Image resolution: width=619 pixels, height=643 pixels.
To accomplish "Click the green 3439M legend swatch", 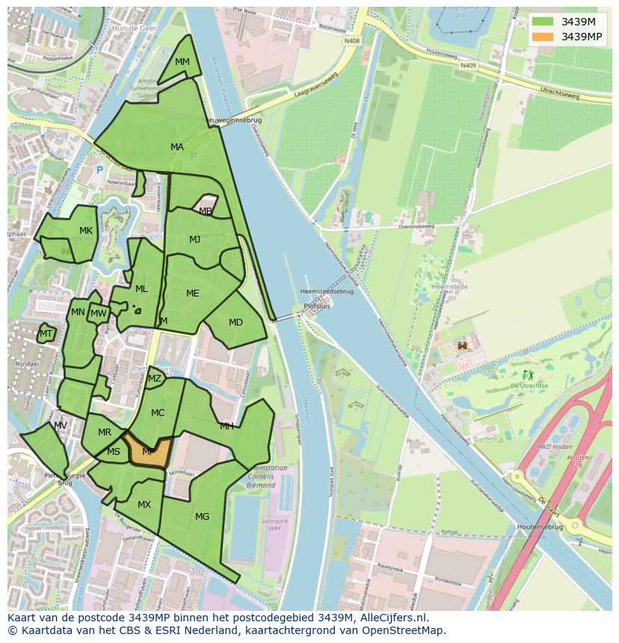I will [x=543, y=21].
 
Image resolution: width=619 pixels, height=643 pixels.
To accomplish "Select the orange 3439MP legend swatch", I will [x=543, y=37].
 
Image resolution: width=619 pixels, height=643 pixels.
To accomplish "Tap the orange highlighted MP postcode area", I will [x=148, y=452].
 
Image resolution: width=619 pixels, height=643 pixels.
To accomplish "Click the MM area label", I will [x=182, y=62].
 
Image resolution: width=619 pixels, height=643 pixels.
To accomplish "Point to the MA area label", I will [x=177, y=147].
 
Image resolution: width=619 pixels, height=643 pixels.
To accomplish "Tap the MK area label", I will [x=86, y=231].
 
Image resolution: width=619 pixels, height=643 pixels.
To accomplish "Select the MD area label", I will [x=235, y=323].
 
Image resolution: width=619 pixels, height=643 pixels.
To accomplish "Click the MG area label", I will [x=202, y=516].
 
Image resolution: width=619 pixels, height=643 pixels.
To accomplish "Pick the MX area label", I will [x=144, y=505].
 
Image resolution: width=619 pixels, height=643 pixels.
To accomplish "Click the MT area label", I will [x=46, y=334].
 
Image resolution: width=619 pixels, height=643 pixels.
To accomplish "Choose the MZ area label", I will [x=155, y=379].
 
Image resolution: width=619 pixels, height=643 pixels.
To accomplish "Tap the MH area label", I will [x=227, y=426].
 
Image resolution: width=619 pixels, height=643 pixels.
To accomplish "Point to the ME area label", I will [x=193, y=293].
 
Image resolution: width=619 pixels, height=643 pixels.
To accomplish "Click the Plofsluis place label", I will [x=316, y=306].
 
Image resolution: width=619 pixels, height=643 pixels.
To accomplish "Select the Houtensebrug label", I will [x=539, y=526].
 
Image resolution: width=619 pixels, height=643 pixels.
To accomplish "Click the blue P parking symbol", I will [x=99, y=170].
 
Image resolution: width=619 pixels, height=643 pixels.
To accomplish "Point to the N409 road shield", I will [x=468, y=66].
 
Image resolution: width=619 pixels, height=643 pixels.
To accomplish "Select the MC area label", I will [x=158, y=413].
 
